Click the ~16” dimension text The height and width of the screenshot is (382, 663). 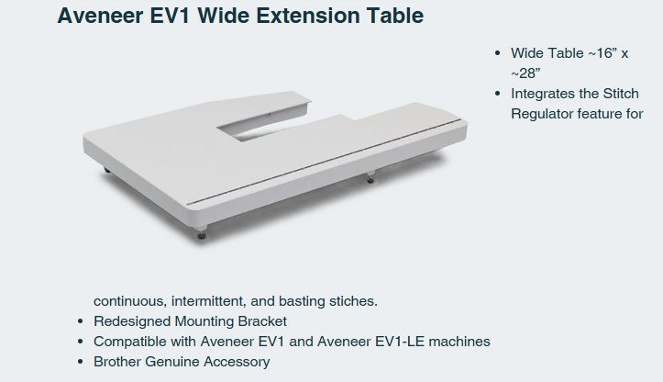(599, 52)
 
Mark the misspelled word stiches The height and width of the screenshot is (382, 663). (353, 301)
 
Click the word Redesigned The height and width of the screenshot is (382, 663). (131, 321)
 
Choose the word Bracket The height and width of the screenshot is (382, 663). (261, 321)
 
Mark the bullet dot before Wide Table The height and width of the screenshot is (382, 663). (497, 52)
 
